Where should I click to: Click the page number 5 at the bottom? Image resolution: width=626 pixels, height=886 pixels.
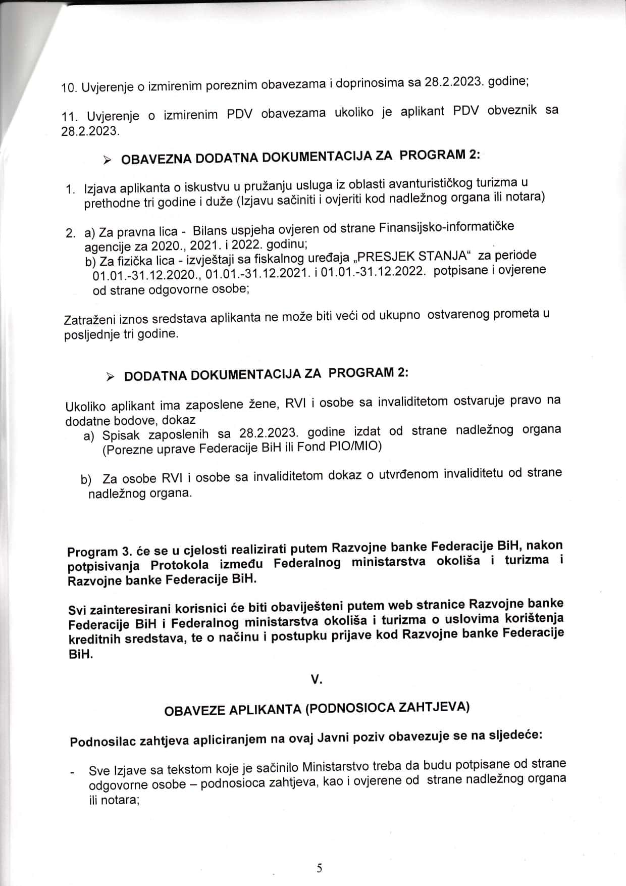coord(319,868)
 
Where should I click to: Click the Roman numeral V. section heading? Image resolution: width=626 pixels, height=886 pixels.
coord(317,680)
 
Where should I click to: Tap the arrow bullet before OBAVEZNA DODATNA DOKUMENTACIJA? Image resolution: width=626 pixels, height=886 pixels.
coord(107,161)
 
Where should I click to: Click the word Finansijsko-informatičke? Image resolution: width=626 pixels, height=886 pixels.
coord(446,227)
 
